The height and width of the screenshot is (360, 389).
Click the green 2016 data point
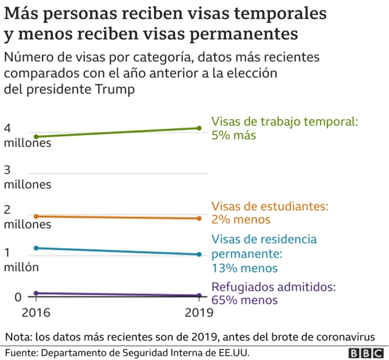(x=36, y=137)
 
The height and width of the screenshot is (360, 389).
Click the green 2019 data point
(x=199, y=128)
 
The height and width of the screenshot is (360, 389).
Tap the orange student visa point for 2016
(x=36, y=216)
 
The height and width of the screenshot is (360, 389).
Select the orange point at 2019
(x=199, y=218)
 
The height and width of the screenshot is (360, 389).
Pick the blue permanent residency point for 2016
(x=36, y=247)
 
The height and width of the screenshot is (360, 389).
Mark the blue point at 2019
(x=199, y=254)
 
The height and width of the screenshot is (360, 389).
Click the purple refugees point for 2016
(x=36, y=293)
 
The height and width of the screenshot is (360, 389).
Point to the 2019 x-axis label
(x=198, y=313)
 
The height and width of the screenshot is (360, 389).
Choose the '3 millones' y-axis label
(x=27, y=176)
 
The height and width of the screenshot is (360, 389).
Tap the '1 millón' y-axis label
(x=21, y=259)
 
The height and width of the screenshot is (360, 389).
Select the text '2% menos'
(x=241, y=220)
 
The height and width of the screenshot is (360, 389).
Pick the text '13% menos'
(x=244, y=268)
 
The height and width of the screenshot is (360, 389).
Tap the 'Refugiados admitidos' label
(x=274, y=287)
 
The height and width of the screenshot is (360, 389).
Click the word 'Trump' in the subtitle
(x=114, y=89)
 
